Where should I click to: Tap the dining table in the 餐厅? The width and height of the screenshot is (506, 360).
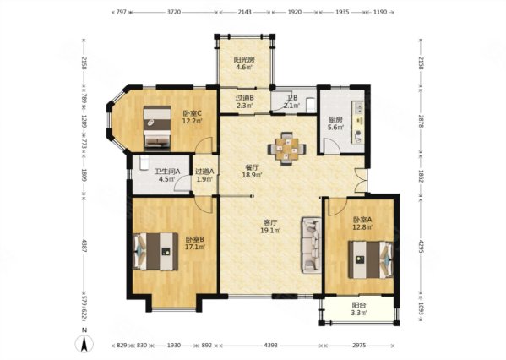(x=286, y=149)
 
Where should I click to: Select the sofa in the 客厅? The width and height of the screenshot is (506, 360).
(x=312, y=245)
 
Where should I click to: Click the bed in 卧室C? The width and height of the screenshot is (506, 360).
(x=157, y=128)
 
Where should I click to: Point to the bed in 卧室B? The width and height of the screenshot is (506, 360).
(x=155, y=251)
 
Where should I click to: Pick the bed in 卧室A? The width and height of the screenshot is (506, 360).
(x=371, y=259)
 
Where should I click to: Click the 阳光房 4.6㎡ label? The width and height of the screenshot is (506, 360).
(x=244, y=63)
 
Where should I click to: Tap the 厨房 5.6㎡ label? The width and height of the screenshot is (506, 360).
(x=335, y=123)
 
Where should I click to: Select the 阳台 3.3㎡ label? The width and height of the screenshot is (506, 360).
(x=359, y=309)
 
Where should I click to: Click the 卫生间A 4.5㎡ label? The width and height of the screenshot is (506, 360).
(x=167, y=175)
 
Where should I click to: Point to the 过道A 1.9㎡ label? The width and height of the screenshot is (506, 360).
(x=204, y=175)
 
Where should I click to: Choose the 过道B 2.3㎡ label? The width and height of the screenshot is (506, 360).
(x=244, y=101)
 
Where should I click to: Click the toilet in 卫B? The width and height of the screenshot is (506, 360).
(x=310, y=106)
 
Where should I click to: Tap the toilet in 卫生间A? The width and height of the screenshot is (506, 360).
(x=144, y=163)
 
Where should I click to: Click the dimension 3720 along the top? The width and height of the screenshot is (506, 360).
(x=174, y=13)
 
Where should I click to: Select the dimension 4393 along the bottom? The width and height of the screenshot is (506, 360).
(x=271, y=346)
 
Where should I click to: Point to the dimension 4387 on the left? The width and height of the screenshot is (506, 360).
(x=84, y=246)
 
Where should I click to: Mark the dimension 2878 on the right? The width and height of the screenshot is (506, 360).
(x=421, y=120)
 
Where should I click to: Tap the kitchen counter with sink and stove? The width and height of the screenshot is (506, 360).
(x=358, y=122)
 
